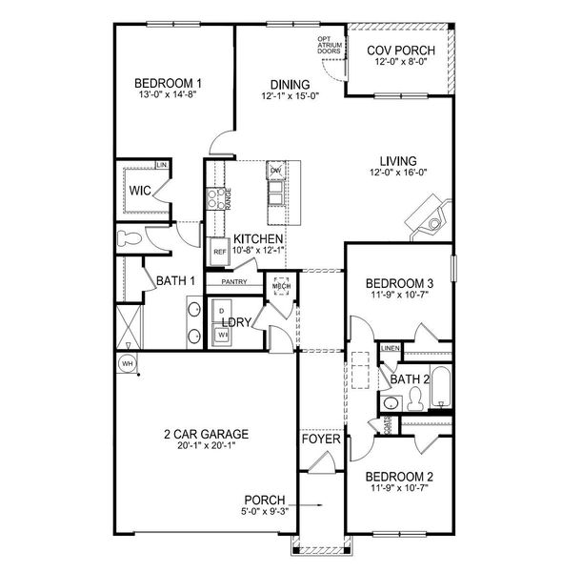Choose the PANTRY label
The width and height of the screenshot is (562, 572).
tap(234, 282)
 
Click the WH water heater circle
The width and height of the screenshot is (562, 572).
tap(125, 363)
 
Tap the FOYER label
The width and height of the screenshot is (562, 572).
tap(317, 440)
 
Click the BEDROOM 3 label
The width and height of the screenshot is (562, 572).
tap(400, 283)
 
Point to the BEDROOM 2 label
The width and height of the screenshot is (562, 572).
tap(400, 477)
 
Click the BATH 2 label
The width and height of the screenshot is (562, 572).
tap(411, 380)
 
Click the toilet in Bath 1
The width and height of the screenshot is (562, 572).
tap(129, 237)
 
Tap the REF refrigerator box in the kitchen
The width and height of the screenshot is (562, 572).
tap(219, 252)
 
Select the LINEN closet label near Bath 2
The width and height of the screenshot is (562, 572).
tap(389, 348)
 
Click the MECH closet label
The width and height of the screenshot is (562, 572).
tap(281, 286)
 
